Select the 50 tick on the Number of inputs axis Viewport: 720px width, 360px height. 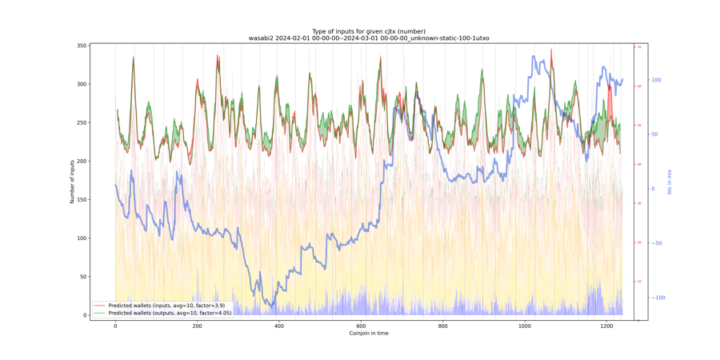(x=83, y=277)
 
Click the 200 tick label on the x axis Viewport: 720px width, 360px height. (x=197, y=326)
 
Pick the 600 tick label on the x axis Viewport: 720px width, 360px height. (x=361, y=326)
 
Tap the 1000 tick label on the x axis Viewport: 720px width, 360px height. (x=524, y=326)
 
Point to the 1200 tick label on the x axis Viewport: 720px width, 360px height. (x=606, y=326)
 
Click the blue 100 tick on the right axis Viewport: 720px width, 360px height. (x=656, y=80)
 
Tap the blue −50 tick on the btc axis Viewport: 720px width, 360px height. (x=656, y=243)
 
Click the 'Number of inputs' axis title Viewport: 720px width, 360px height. (x=72, y=180)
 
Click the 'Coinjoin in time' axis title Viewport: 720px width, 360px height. (x=369, y=334)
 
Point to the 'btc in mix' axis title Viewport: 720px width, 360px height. (x=670, y=182)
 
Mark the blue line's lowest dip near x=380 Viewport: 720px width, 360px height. (x=271, y=306)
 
